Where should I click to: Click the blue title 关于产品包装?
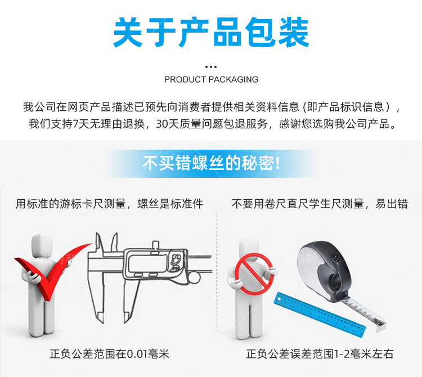click(211, 32)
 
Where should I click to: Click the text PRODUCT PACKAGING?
click(211, 79)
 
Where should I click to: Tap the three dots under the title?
click(211, 66)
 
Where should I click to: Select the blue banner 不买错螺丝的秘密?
click(211, 163)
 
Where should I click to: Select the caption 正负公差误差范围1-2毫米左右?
click(320, 354)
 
